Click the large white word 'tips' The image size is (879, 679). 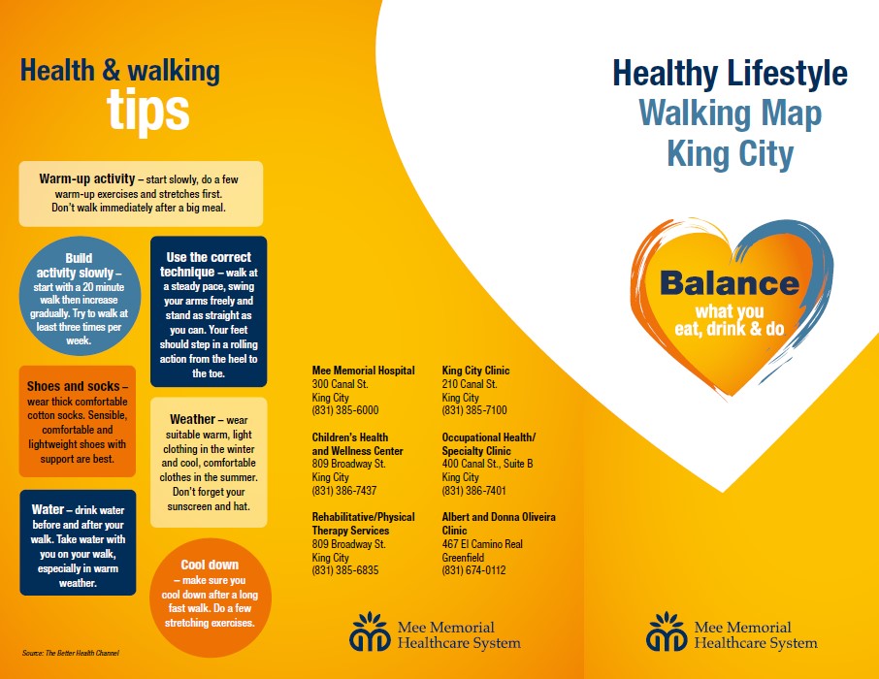click(148, 111)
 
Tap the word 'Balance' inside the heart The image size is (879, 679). click(730, 283)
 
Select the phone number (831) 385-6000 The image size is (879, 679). click(345, 410)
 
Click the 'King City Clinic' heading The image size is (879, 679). click(475, 371)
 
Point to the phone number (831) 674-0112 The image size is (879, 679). click(473, 570)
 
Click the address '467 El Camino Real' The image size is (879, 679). click(482, 544)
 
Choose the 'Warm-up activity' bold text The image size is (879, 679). click(87, 178)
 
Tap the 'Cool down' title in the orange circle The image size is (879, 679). click(210, 565)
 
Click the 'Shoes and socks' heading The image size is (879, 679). click(74, 386)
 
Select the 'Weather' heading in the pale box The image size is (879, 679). click(192, 419)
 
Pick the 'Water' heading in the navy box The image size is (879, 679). click(48, 509)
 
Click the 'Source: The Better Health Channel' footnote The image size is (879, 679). click(71, 653)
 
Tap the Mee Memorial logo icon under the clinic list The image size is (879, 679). click(370, 631)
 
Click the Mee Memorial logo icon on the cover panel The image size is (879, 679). click(666, 631)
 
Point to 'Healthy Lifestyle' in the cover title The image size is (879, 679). click(730, 74)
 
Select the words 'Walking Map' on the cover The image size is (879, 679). click(730, 113)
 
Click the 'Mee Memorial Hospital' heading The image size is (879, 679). click(363, 371)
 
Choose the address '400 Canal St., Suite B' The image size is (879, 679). click(487, 464)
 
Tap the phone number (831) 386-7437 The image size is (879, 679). click(344, 491)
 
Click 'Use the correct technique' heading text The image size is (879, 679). click(206, 265)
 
